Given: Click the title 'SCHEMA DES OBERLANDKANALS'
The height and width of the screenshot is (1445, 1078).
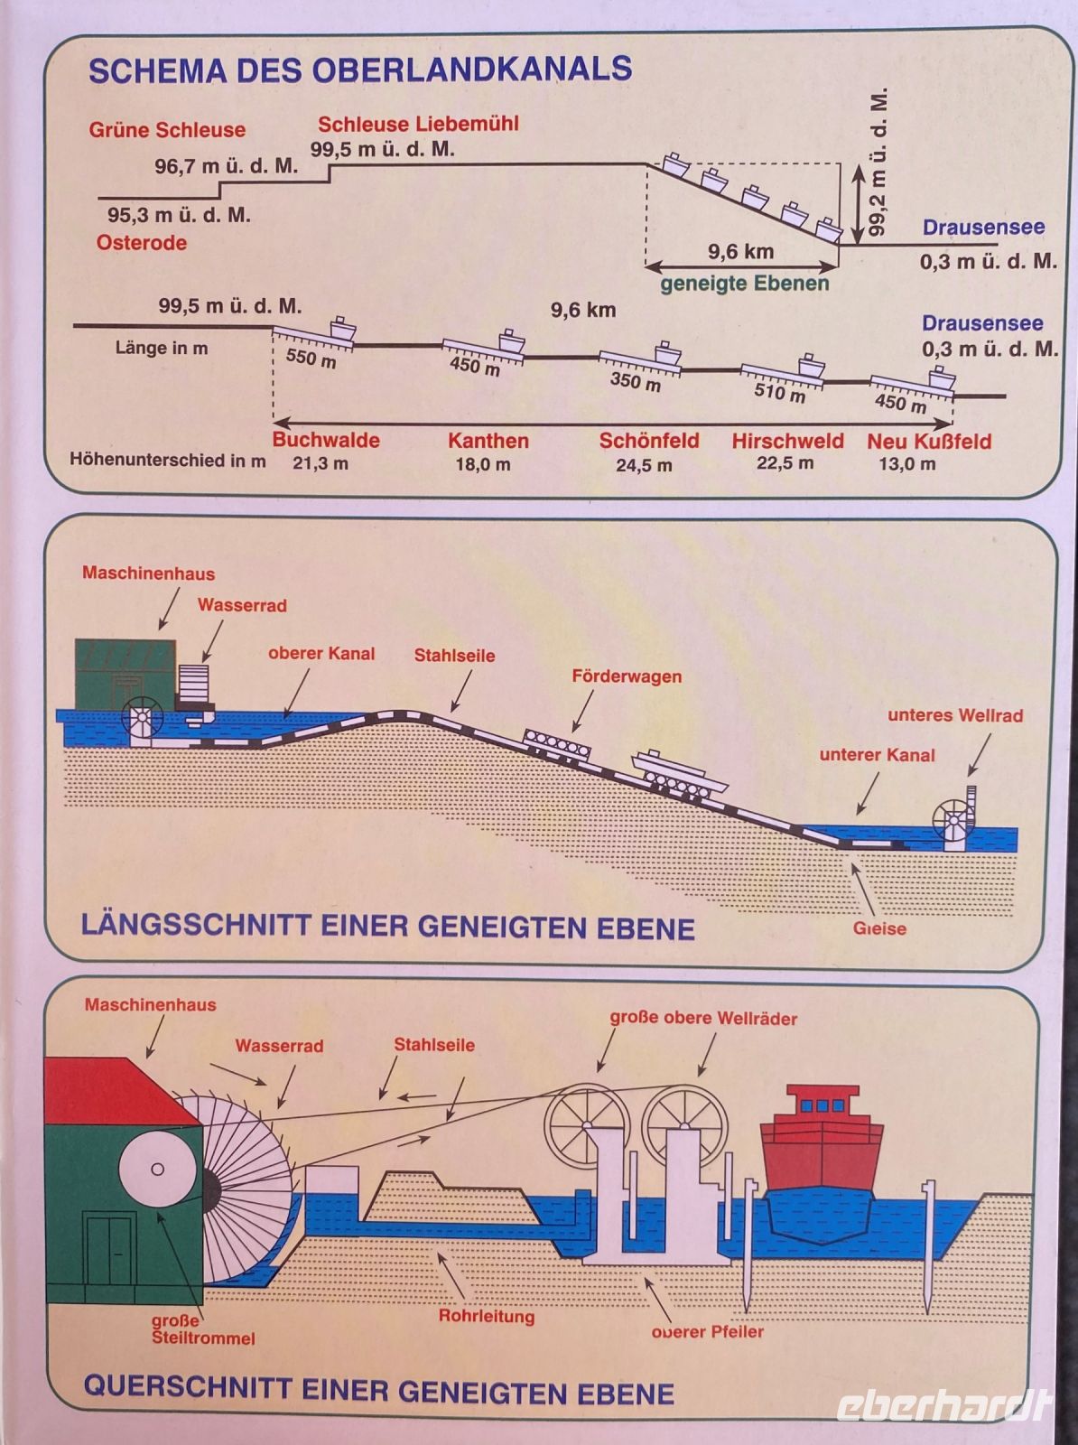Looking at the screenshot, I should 359,70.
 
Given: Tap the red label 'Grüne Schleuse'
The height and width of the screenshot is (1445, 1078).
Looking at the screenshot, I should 167,130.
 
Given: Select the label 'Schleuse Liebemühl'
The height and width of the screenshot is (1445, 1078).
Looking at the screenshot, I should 418,124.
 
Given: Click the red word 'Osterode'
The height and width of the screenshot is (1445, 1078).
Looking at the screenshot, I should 142,243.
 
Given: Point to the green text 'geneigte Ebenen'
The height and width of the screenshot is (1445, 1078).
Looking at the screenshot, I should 744,284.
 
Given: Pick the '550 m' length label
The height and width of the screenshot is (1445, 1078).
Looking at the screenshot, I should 311,359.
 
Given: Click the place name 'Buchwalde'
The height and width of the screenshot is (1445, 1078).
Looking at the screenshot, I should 326,441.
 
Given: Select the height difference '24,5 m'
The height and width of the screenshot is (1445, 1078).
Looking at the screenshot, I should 644,466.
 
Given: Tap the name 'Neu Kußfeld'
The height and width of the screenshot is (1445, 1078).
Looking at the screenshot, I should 929,442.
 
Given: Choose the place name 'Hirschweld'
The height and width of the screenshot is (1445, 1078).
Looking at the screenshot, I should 787,442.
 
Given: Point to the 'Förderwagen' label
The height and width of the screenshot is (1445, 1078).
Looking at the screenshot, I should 627,676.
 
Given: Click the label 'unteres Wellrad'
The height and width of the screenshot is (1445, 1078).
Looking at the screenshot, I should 955,715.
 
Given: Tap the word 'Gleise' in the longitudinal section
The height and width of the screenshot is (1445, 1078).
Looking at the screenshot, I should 879,928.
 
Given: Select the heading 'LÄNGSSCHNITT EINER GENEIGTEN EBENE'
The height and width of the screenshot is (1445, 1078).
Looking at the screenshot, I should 387,927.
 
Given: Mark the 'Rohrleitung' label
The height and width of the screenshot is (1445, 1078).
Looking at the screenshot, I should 487,1316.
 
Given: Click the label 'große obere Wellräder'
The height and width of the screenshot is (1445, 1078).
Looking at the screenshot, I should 703,1019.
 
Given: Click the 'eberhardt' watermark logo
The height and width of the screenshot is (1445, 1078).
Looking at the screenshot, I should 944,1405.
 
